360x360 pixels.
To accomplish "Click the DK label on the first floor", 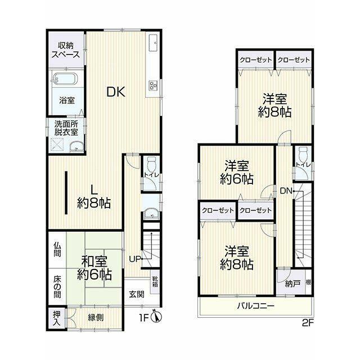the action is tap(116, 92).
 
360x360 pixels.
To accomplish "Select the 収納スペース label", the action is tap(66, 50).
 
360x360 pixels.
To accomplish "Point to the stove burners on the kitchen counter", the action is tap(153, 85).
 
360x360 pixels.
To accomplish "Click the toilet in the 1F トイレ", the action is tap(151, 164).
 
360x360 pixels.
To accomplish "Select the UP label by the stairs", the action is tap(134, 259).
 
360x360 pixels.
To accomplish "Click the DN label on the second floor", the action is tap(286, 191).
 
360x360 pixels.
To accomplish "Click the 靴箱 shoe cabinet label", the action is tap(155, 282).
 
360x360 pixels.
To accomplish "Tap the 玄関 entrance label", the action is tap(136, 294).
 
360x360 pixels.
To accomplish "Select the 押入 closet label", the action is tap(56, 318).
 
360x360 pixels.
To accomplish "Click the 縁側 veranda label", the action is tap(96, 317).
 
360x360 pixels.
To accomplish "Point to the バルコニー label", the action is tap(256, 306).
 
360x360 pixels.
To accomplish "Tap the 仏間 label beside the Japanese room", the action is tap(57, 250).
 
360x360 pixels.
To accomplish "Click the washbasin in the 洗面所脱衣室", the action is tap(77, 147).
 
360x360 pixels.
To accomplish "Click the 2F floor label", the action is tap(308, 323).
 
